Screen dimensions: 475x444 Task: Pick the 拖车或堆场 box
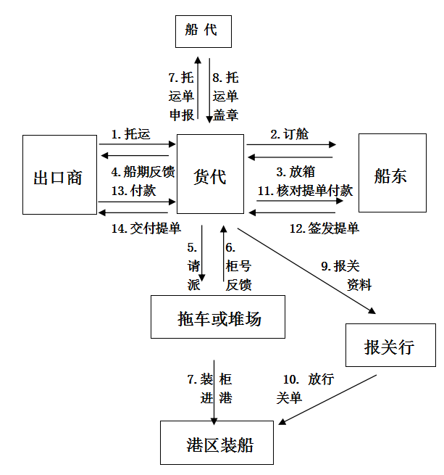click(218, 317)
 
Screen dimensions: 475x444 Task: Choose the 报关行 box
click(390, 347)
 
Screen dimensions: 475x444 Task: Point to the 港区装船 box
click(217, 444)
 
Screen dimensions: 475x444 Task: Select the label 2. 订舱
click(290, 133)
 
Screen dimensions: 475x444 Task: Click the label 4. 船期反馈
click(143, 173)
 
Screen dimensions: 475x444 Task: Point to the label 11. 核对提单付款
click(305, 191)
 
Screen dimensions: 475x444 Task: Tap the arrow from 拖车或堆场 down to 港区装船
click(214, 392)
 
